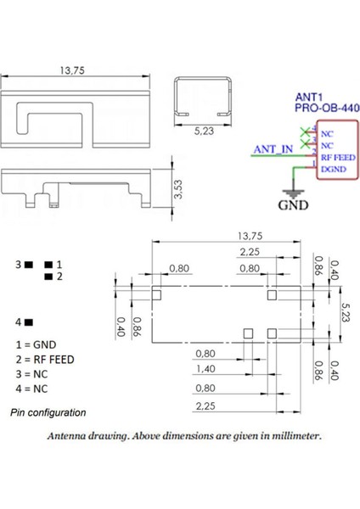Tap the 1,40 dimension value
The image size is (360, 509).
(x=205, y=369)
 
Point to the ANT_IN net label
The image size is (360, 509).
(x=273, y=151)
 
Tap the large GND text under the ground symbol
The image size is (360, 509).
(x=294, y=204)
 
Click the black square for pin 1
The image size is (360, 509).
(x=47, y=266)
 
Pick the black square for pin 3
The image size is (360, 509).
(x=29, y=266)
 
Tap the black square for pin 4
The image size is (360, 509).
(x=29, y=322)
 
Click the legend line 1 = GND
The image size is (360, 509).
(x=35, y=345)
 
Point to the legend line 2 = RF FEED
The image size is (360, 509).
(x=44, y=359)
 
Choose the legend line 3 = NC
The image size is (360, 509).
(x=31, y=373)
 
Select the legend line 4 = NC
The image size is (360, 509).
(x=31, y=388)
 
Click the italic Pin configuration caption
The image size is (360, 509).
(x=48, y=413)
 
